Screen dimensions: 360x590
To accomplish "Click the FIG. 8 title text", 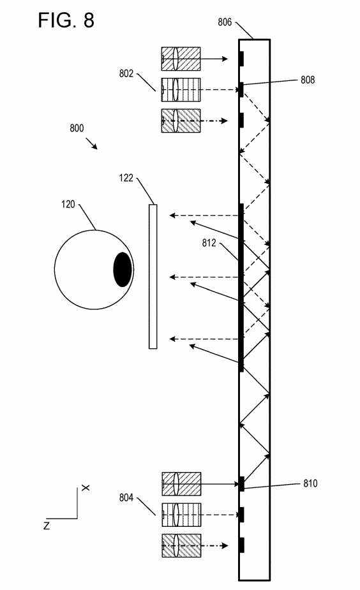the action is click(x=66, y=20).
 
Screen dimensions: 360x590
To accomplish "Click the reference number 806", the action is click(x=225, y=22).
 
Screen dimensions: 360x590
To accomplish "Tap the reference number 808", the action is click(x=308, y=80).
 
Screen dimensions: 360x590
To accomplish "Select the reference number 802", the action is click(x=126, y=73).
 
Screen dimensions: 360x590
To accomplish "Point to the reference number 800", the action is click(x=77, y=128).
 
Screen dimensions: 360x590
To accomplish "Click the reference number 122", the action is click(x=126, y=177).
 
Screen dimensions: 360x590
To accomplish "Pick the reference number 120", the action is click(x=68, y=204).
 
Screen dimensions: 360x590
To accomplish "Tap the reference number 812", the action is click(x=209, y=243).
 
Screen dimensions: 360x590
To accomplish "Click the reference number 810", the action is click(x=310, y=483).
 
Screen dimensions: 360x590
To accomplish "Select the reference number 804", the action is click(x=126, y=498).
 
